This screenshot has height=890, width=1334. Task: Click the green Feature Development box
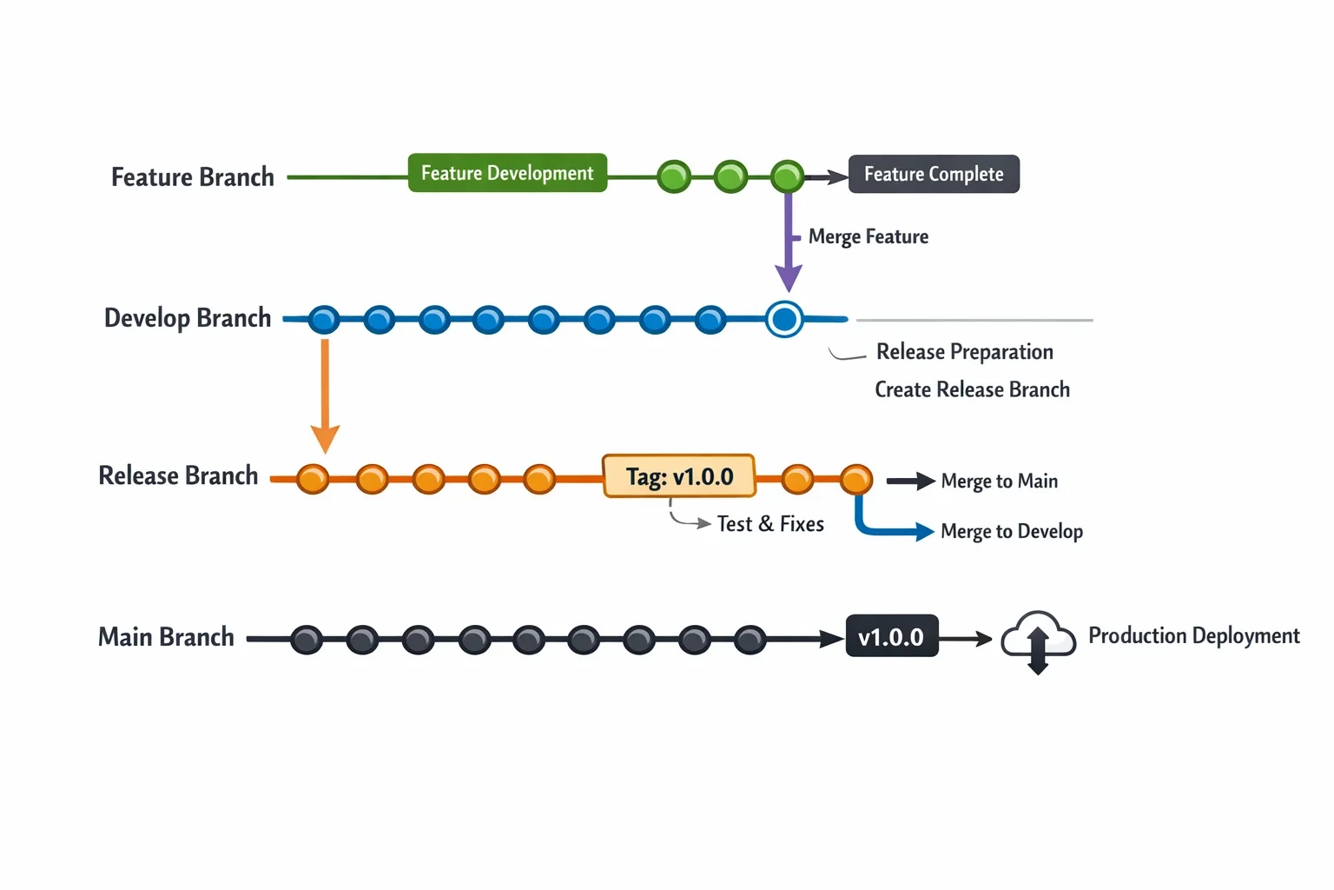tap(507, 173)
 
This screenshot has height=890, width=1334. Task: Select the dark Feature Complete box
tap(934, 174)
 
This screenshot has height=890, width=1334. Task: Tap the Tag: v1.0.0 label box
tap(679, 476)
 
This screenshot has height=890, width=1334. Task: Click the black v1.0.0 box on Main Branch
tap(892, 636)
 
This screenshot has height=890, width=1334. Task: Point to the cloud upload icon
tap(1038, 641)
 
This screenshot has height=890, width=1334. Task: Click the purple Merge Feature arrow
tap(789, 242)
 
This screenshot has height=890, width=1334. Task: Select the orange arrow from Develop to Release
tap(325, 396)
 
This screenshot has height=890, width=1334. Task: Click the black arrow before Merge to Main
tap(910, 481)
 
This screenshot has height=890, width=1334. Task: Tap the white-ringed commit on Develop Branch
tap(784, 320)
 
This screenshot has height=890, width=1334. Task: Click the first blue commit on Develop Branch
tap(324, 320)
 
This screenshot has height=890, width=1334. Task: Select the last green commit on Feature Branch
tap(788, 176)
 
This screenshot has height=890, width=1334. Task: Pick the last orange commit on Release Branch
tap(856, 479)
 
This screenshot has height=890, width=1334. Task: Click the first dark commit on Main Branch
tap(307, 640)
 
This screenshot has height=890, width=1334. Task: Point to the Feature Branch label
tap(192, 177)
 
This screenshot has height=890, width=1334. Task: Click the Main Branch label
tap(166, 637)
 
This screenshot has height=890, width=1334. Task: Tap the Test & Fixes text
tap(770, 523)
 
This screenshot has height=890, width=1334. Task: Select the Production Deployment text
tap(1194, 636)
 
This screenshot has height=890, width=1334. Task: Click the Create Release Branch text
tap(973, 389)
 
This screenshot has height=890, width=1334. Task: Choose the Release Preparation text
tap(965, 352)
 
